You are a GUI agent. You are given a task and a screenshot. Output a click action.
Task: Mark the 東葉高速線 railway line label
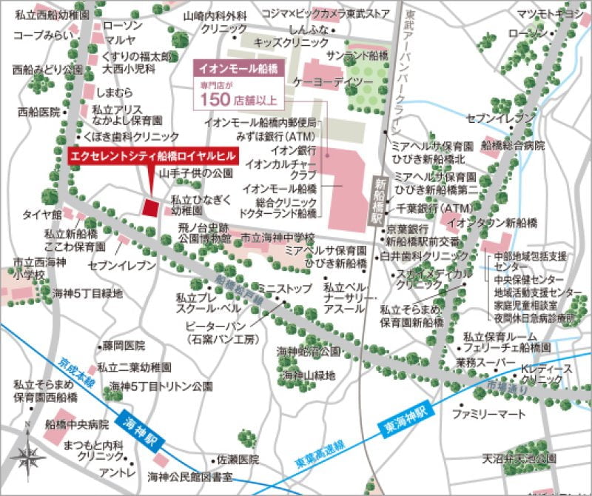pos(319,449)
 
